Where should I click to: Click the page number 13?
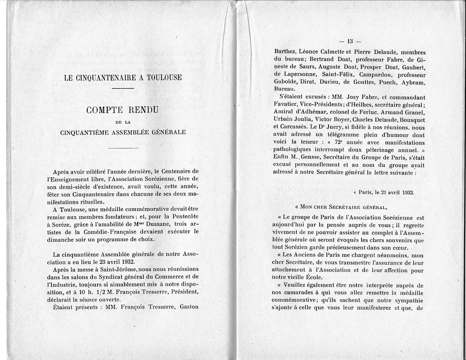point(349,42)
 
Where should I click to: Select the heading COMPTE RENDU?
point(122,111)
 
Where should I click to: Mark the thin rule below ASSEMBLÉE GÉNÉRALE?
point(123,148)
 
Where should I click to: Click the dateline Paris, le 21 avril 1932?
point(384,192)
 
